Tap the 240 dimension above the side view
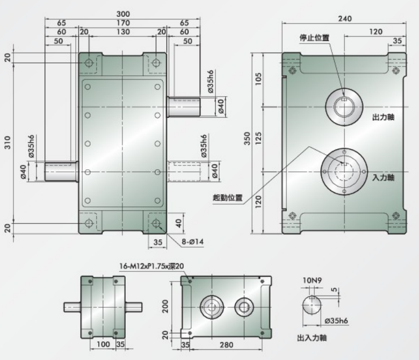pyautogui.click(x=345, y=18)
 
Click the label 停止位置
pyautogui.click(x=314, y=38)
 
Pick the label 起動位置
pyautogui.click(x=227, y=198)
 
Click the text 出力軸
pyautogui.click(x=384, y=117)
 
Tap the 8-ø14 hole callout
pyautogui.click(x=192, y=242)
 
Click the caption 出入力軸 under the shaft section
pyautogui.click(x=312, y=338)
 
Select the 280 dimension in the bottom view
pyautogui.click(x=227, y=344)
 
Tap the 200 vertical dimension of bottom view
pyautogui.click(x=165, y=307)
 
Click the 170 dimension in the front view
pyautogui.click(x=122, y=23)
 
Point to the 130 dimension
pyautogui.click(x=122, y=32)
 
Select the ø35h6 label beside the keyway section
pyautogui.click(x=337, y=321)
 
